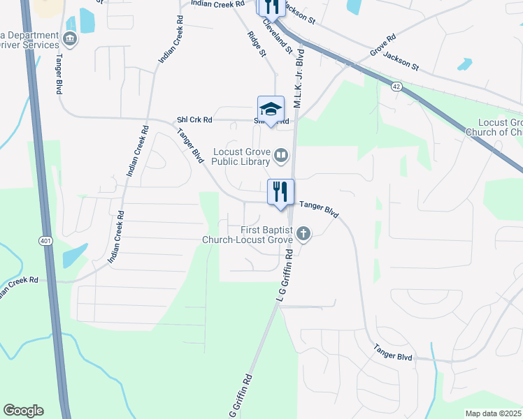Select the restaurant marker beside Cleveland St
pyautogui.click(x=270, y=6)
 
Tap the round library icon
pyautogui.click(x=281, y=155)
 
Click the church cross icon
pyautogui.click(x=303, y=233)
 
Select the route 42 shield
pyautogui.click(x=396, y=85)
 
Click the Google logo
pyautogui.click(x=23, y=411)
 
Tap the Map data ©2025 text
pyautogui.click(x=494, y=413)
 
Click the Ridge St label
pyautogui.click(x=257, y=44)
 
